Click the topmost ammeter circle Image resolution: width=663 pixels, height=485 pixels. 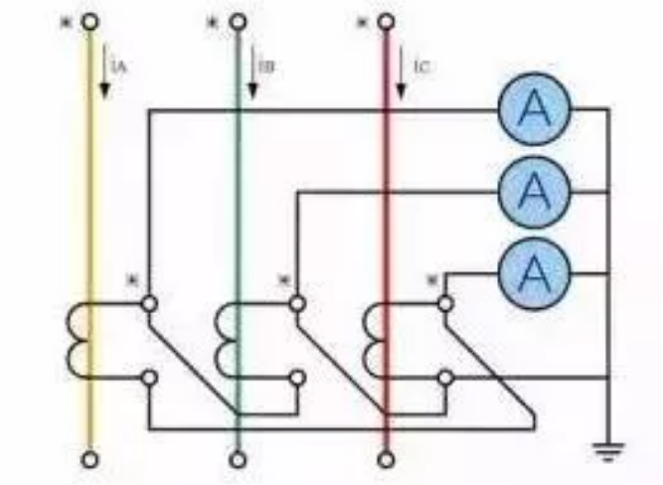pyautogui.click(x=535, y=108)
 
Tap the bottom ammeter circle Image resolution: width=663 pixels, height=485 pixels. pyautogui.click(x=535, y=269)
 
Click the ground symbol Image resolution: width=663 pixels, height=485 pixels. pyautogui.click(x=605, y=449)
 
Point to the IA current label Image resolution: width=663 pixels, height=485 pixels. pyautogui.click(x=119, y=67)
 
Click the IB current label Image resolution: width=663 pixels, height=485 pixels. pyautogui.click(x=266, y=67)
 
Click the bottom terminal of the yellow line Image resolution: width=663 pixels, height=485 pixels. pyautogui.click(x=91, y=460)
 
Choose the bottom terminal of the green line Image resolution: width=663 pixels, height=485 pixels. pyautogui.click(x=238, y=460)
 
